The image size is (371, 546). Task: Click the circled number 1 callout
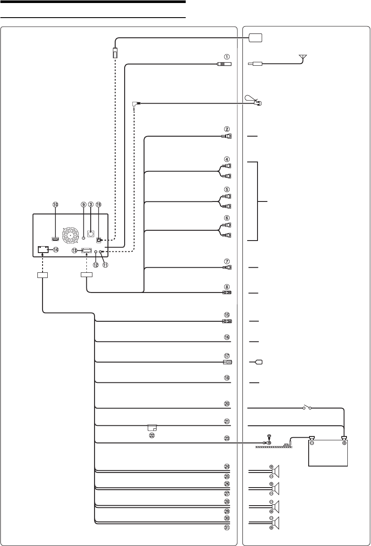click(x=227, y=56)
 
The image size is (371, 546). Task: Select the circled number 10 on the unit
click(x=55, y=205)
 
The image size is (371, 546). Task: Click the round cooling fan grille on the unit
click(x=69, y=236)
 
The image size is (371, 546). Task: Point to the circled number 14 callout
click(x=56, y=250)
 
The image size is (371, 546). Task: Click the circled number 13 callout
click(x=74, y=250)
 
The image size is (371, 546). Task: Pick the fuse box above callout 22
click(x=152, y=428)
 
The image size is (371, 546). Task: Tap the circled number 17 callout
click(x=227, y=356)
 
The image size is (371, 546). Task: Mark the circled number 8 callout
click(x=227, y=287)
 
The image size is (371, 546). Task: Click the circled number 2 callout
click(x=227, y=128)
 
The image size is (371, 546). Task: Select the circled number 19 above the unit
click(x=98, y=205)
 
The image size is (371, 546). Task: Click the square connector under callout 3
click(x=91, y=234)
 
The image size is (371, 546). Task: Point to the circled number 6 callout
click(x=227, y=218)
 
